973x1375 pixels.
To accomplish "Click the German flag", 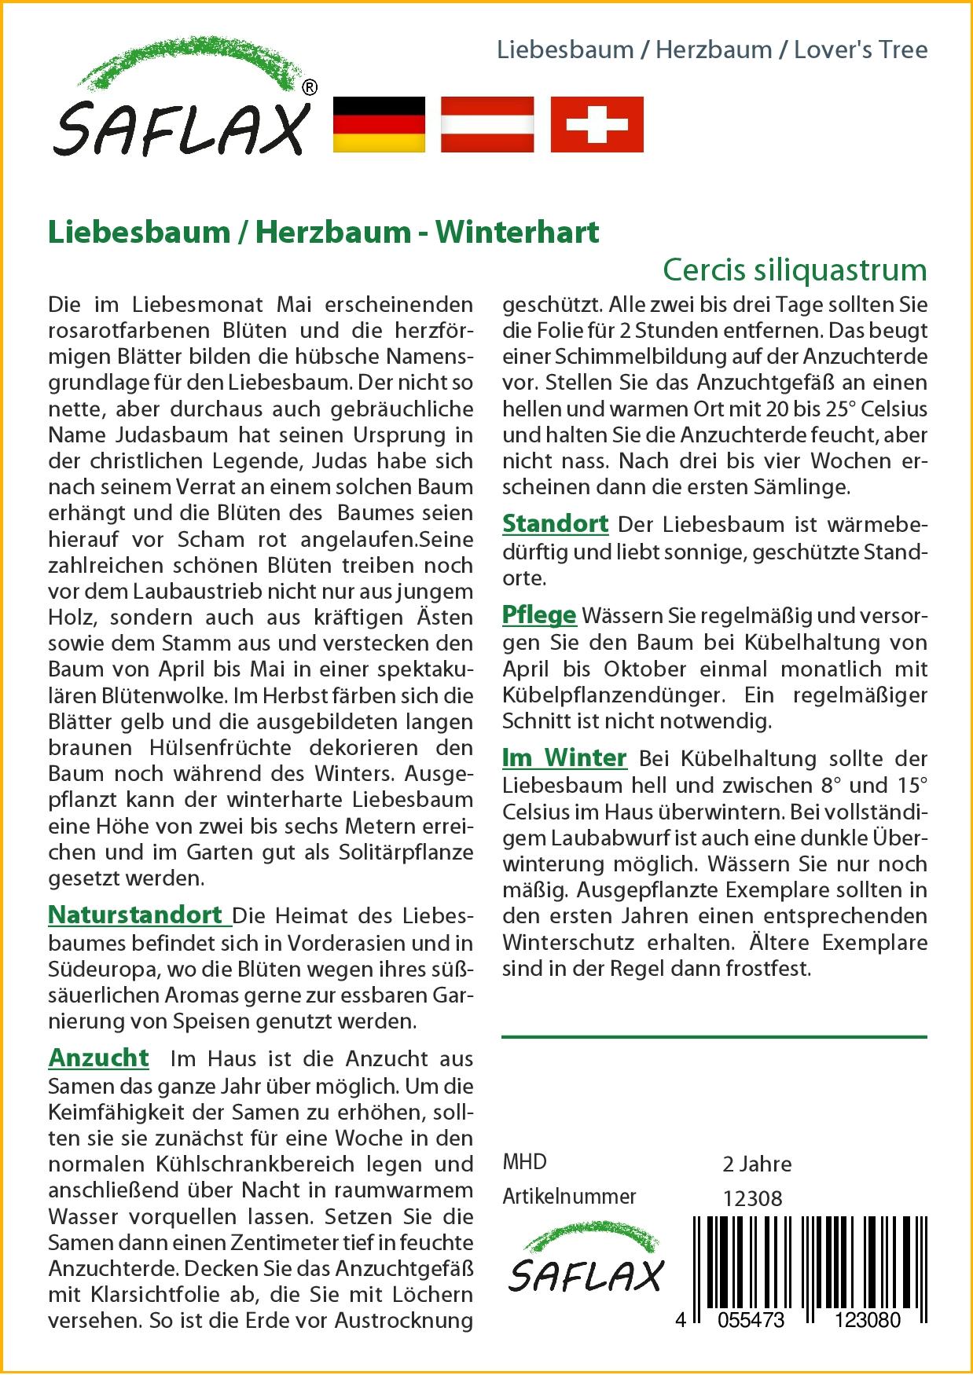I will point(379,124).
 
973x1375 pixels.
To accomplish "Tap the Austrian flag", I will point(487,124).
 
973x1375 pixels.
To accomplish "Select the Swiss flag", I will point(597,124).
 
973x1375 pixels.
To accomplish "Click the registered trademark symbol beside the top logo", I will point(310,88).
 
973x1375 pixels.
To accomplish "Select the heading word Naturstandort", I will point(135,915).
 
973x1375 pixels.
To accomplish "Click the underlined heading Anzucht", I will point(98,1058).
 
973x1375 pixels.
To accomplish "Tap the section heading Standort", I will point(555,523).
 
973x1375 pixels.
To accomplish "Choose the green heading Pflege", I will point(539,615).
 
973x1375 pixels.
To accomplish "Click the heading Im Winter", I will point(564,757).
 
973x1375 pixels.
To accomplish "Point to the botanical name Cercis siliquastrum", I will point(795,269).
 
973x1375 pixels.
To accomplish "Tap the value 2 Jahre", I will point(757,1164).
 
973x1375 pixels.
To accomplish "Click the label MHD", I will point(524,1162).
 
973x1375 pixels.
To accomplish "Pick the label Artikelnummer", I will point(569,1197).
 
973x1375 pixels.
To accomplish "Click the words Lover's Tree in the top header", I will point(861,50).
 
